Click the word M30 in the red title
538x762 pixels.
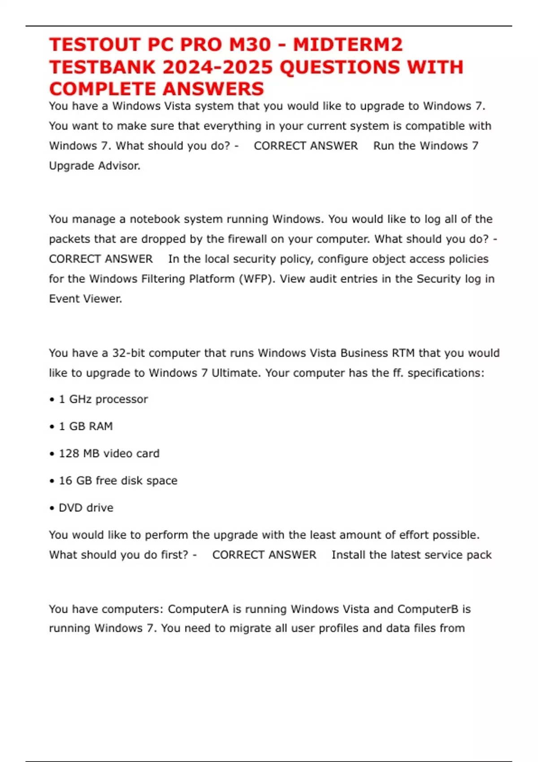(250, 45)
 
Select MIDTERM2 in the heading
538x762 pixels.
(348, 45)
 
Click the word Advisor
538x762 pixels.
(119, 166)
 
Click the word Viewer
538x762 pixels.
(104, 299)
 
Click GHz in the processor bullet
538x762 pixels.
(80, 399)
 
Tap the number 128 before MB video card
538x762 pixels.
(69, 454)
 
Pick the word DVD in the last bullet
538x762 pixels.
(70, 508)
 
